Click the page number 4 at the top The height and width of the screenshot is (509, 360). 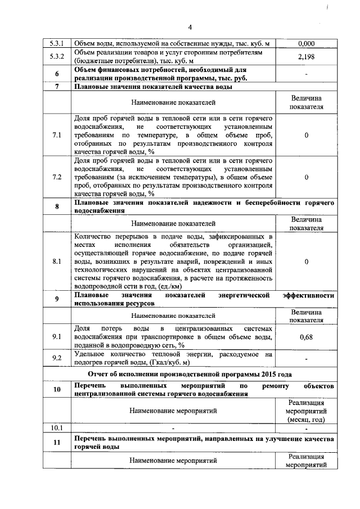click(190, 27)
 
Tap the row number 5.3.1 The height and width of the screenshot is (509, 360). click(57, 43)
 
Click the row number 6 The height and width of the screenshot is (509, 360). click(57, 74)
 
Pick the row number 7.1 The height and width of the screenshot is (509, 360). click(57, 136)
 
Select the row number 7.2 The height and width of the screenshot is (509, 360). click(57, 177)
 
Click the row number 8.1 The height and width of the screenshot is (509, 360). click(57, 262)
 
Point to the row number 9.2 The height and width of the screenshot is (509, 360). click(57, 358)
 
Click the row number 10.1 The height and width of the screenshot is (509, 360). click(57, 427)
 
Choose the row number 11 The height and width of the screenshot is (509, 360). click(57, 442)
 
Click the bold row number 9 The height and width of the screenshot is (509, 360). click(57, 299)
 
